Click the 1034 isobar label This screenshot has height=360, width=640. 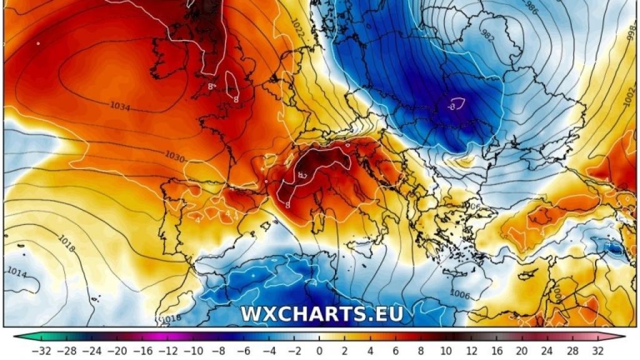click(x=119, y=107)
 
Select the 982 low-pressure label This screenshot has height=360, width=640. click(x=488, y=36)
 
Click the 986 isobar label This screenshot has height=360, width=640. click(x=531, y=8)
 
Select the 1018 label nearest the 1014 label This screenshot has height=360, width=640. click(x=67, y=243)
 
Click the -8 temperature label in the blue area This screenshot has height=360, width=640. click(x=451, y=106)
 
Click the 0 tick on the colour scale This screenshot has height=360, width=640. click(x=319, y=349)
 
